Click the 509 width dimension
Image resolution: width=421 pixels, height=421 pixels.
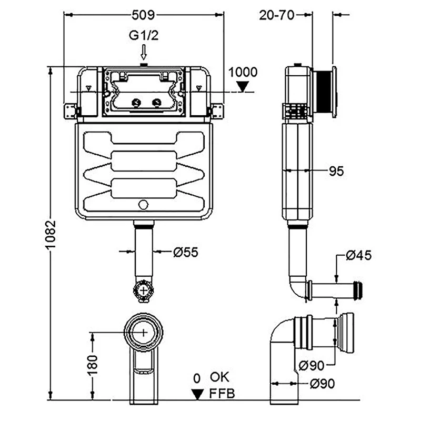point(143,15)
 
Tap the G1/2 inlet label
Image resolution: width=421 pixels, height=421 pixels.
point(144,35)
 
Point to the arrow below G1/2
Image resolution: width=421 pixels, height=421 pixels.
point(144,52)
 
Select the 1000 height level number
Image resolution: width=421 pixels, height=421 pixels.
point(243,72)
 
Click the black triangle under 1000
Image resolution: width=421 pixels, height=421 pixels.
point(243,87)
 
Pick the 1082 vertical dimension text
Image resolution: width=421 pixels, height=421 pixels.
point(50,235)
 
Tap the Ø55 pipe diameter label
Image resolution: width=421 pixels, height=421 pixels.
point(186,253)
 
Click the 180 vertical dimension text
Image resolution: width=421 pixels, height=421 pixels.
point(93,365)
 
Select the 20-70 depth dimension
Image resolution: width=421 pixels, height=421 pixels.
point(277,15)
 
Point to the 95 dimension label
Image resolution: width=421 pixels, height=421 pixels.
point(336,172)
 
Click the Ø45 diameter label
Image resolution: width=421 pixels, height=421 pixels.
point(359,255)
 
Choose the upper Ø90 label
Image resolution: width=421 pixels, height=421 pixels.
point(312,365)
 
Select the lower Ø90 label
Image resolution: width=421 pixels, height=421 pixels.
point(322,384)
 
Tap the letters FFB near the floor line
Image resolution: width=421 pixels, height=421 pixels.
point(222,394)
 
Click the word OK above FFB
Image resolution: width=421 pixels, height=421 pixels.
point(219,377)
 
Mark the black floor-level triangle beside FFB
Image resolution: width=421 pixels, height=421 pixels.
point(197,394)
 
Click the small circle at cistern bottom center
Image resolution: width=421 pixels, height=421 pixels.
point(143,205)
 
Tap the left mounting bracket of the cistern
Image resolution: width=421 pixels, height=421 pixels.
point(71,111)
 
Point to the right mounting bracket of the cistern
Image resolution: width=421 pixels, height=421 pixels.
point(217,111)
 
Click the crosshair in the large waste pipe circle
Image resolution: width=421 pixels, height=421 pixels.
point(144,333)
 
